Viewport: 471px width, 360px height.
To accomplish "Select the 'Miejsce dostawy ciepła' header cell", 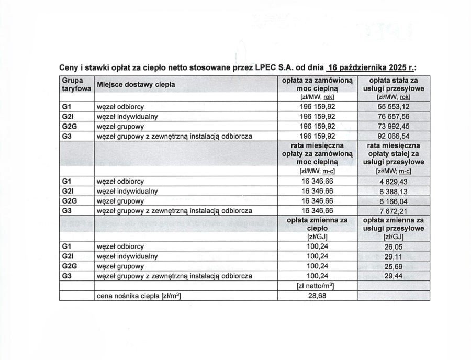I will click(136, 85).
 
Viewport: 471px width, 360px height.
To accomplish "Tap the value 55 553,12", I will click(394, 107).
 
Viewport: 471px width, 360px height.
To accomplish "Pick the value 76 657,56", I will click(394, 117).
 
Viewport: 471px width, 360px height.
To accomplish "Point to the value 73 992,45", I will click(394, 127).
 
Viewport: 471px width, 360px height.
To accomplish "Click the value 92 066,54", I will click(394, 137).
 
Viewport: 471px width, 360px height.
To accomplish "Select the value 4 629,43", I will click(394, 181).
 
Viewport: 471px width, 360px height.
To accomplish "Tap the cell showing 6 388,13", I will click(394, 192).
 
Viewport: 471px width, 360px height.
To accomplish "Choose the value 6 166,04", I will click(394, 201).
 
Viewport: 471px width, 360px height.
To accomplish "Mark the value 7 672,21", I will click(394, 211).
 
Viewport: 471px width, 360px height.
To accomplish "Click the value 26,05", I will click(394, 246).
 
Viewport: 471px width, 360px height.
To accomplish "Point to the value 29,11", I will click(394, 256).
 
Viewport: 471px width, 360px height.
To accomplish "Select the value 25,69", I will click(394, 266).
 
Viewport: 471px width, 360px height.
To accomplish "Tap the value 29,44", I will click(394, 276).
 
